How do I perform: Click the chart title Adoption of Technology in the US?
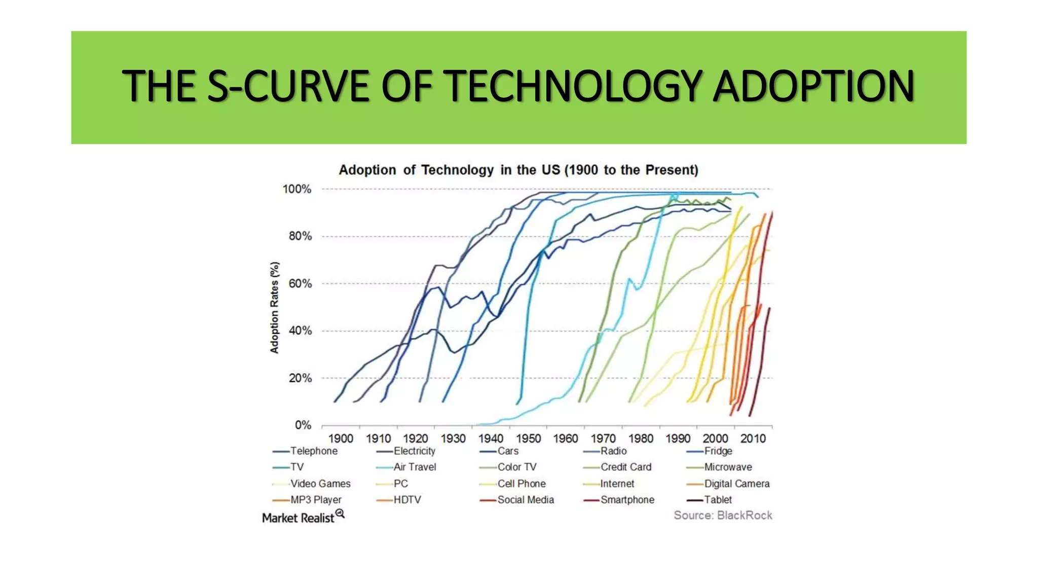[518, 170]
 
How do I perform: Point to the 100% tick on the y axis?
[297, 189]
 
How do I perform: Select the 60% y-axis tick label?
[300, 283]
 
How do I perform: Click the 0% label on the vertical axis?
[303, 425]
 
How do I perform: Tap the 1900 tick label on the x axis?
[340, 439]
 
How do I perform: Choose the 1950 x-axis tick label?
[528, 439]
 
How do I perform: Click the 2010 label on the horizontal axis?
[753, 439]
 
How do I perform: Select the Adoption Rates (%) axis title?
[274, 307]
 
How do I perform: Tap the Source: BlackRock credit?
[722, 516]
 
